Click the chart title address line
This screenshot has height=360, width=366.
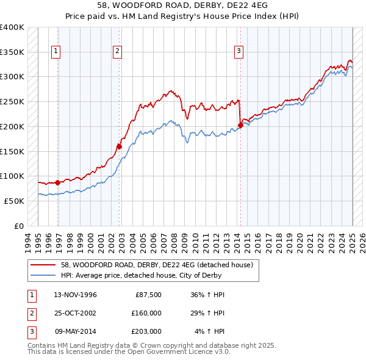point(182,5)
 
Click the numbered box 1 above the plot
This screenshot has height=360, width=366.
point(56,52)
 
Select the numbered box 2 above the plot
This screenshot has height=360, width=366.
point(117,52)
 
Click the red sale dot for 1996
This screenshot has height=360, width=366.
point(58,182)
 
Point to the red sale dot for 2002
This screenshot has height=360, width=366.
point(119,146)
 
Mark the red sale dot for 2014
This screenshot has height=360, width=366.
point(240,125)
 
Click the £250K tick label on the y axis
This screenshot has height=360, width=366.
point(12,101)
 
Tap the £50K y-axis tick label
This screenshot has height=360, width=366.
point(15,201)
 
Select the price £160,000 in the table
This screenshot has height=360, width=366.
point(146,313)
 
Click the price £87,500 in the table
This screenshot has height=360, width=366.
point(148,295)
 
